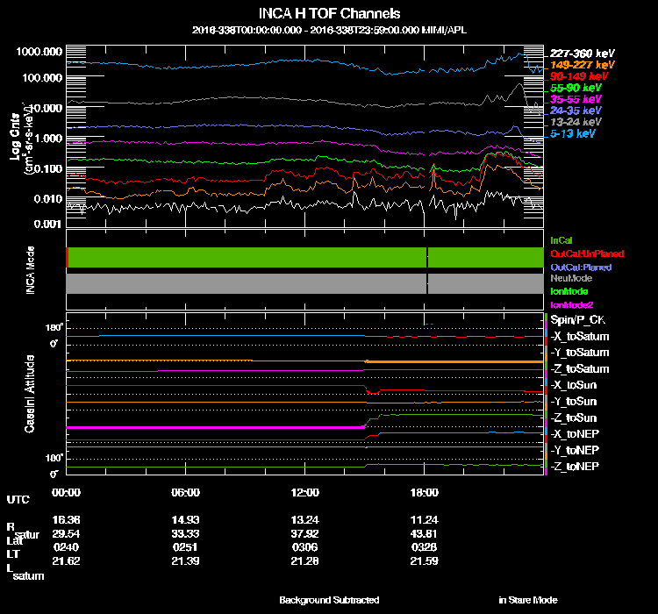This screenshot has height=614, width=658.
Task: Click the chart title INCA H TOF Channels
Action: (330, 13)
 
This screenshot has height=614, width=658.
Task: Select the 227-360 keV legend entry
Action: (576, 54)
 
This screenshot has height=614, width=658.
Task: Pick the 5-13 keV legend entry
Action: (574, 134)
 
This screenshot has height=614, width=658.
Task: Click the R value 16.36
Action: (66, 519)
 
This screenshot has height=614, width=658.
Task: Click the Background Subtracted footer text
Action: (329, 600)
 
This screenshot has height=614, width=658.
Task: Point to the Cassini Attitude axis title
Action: (29, 393)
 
